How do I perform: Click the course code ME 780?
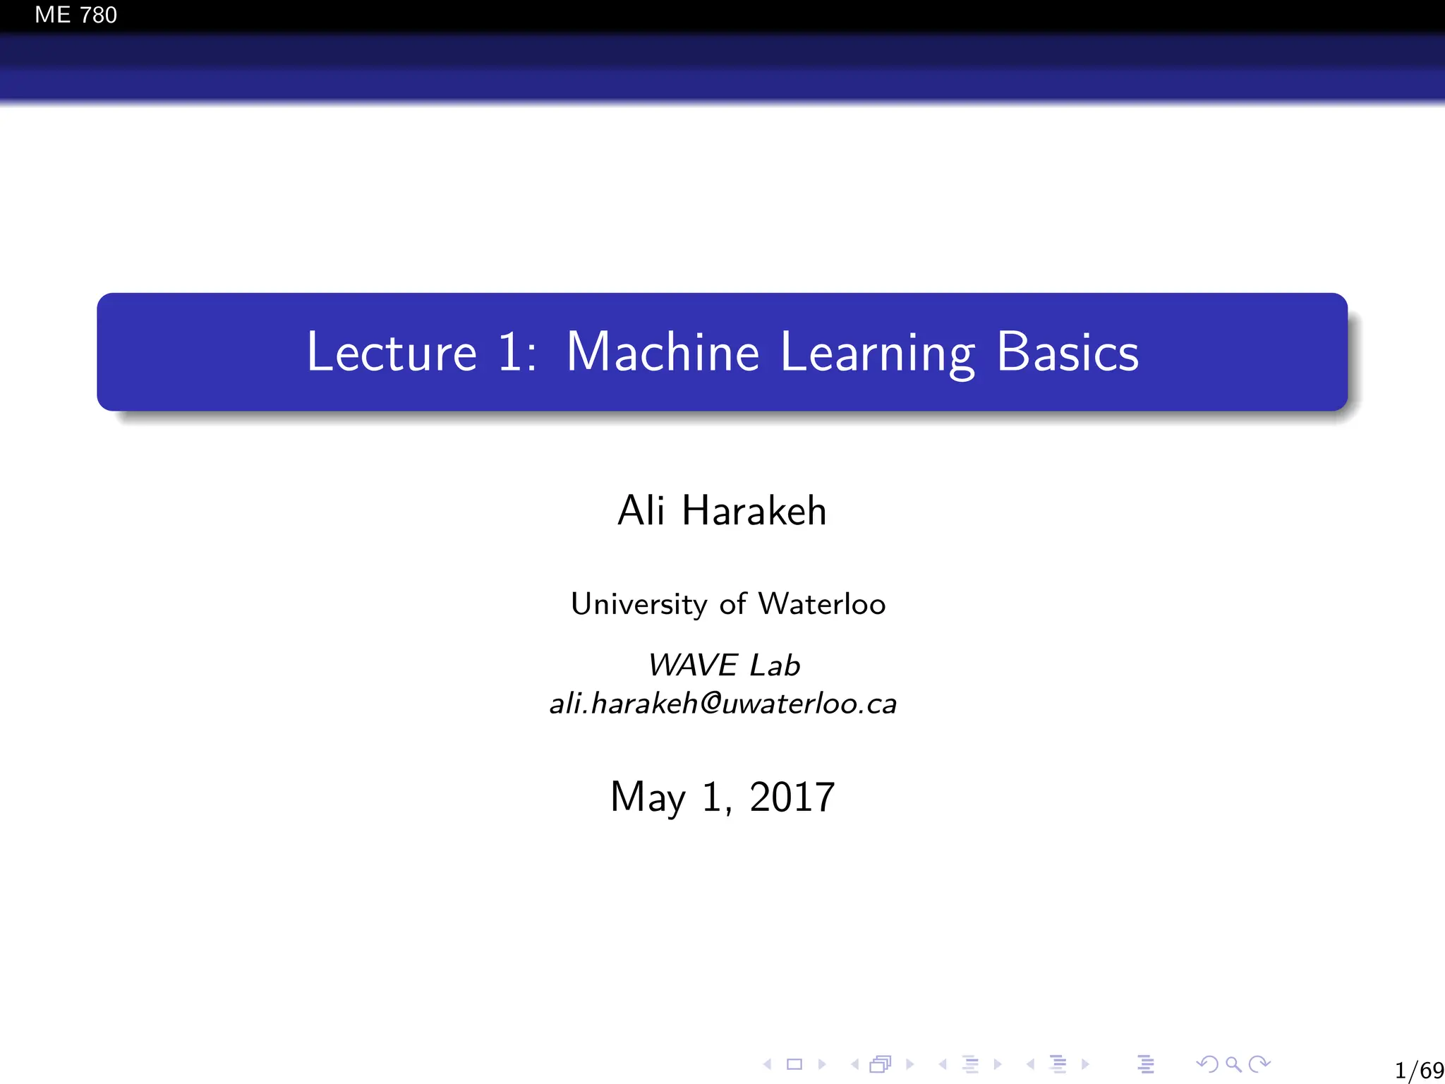[x=75, y=15]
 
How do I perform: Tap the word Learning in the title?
[x=878, y=353]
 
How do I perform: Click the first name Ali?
[x=641, y=510]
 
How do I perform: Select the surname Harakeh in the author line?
[x=754, y=510]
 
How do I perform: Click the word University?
[x=639, y=605]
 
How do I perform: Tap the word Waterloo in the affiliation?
[x=821, y=604]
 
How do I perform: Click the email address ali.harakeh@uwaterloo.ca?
[x=722, y=704]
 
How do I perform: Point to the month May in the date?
[x=648, y=797]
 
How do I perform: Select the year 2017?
[x=792, y=797]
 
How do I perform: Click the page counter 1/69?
[x=1419, y=1070]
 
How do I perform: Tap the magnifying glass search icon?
[x=1233, y=1064]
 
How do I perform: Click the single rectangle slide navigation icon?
[x=794, y=1064]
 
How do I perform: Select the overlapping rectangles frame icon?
[x=881, y=1064]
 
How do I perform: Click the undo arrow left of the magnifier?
[x=1207, y=1064]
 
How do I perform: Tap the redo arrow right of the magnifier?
[x=1259, y=1064]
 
